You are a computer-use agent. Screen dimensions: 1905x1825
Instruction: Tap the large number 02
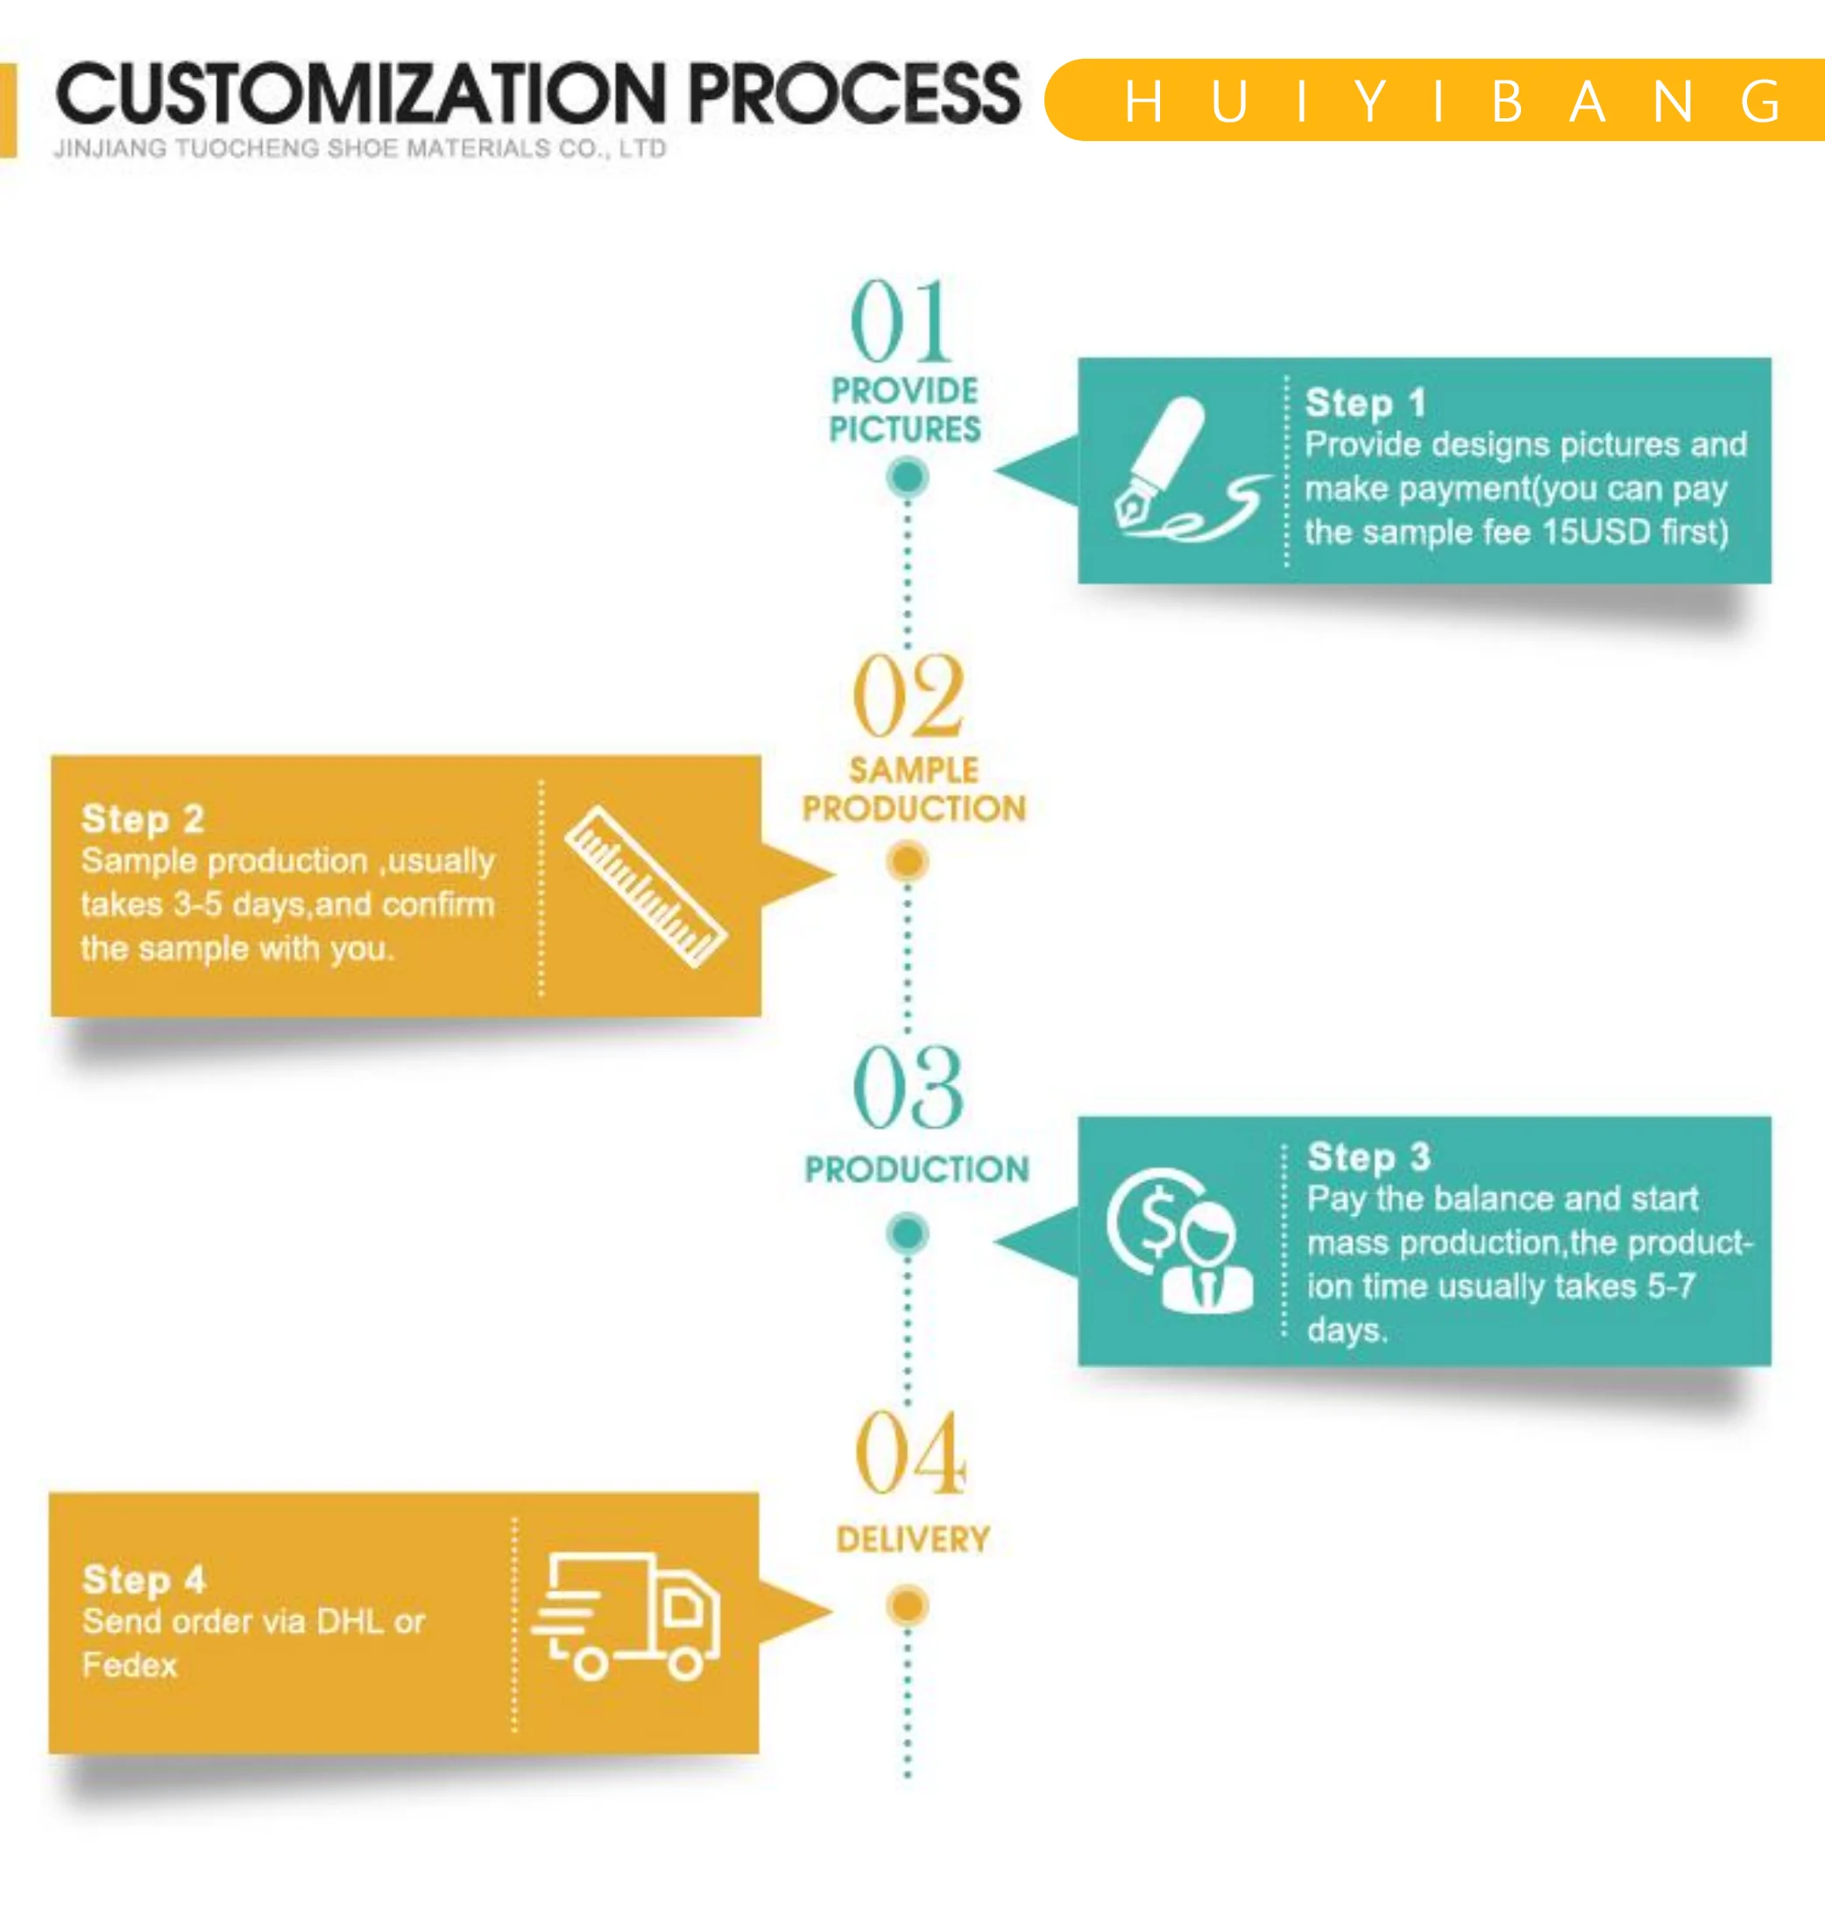[x=909, y=696]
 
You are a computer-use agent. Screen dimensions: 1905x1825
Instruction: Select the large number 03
[x=909, y=1089]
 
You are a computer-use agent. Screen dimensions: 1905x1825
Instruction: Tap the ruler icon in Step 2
[x=646, y=886]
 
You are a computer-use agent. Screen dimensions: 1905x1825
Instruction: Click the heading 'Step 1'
[x=1364, y=402]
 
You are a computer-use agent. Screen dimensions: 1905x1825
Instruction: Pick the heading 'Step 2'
[x=143, y=818]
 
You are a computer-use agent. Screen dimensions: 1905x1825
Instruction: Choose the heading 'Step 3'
[x=1368, y=1157]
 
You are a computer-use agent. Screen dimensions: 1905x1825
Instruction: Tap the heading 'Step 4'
[x=144, y=1579]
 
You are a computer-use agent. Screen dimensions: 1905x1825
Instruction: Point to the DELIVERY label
[x=912, y=1540]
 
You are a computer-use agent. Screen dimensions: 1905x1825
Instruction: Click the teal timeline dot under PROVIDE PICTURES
[x=907, y=477]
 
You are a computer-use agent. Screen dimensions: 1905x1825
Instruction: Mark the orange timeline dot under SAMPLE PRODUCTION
[x=907, y=861]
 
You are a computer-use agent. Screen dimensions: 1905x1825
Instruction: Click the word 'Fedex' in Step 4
[x=130, y=1665]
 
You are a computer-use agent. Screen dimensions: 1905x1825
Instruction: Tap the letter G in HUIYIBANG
[x=1761, y=102]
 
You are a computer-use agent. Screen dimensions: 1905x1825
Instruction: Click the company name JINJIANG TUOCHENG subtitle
[x=360, y=149]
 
